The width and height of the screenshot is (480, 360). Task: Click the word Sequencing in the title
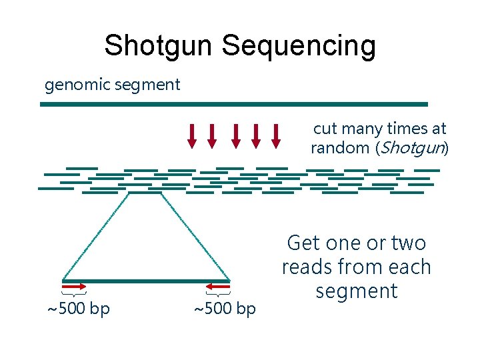pyautogui.click(x=299, y=46)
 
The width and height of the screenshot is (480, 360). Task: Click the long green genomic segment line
pyautogui.click(x=234, y=104)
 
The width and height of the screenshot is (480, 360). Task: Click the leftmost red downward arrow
pyautogui.click(x=192, y=135)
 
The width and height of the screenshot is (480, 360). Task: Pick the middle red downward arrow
pyautogui.click(x=235, y=135)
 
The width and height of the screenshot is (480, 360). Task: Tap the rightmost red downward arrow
pyautogui.click(x=277, y=135)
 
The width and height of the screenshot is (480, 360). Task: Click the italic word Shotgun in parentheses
pyautogui.click(x=411, y=148)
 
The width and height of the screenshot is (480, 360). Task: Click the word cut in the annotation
pyautogui.click(x=325, y=128)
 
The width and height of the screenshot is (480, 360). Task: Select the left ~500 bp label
pyautogui.click(x=77, y=309)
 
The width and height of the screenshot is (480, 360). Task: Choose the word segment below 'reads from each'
pyautogui.click(x=357, y=291)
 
